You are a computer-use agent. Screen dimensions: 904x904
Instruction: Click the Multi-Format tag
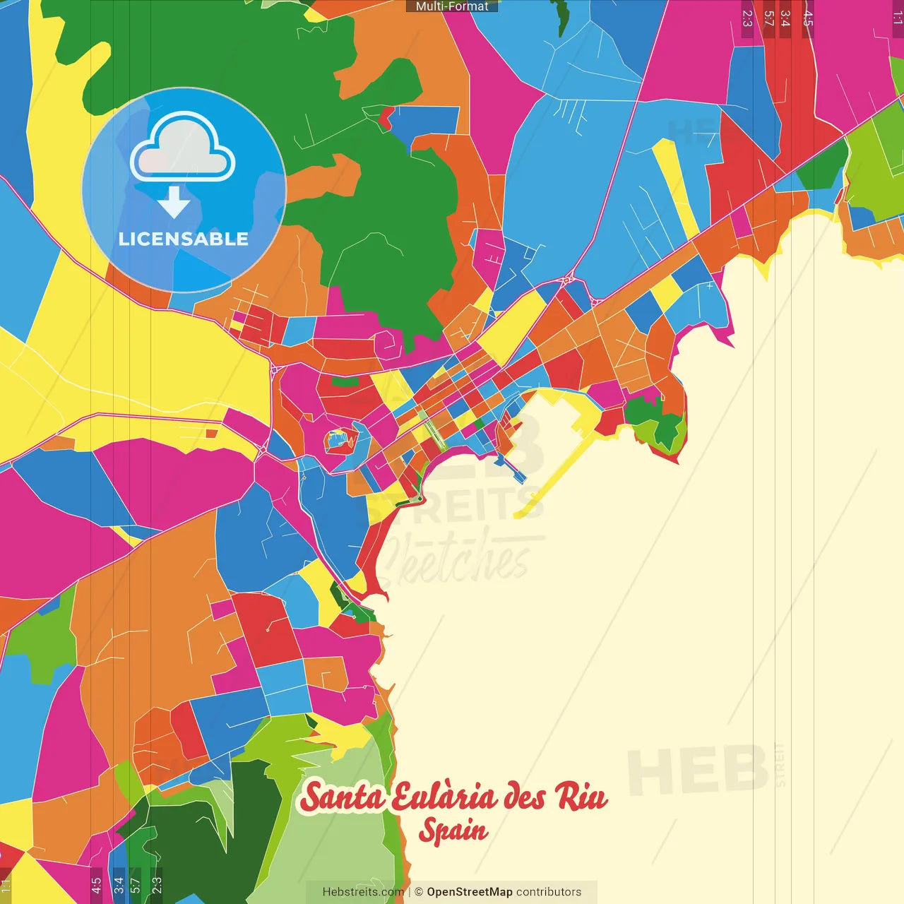click(x=452, y=6)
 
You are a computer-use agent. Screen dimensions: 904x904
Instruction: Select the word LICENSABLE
click(x=184, y=239)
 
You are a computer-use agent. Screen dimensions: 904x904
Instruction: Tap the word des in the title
click(x=524, y=797)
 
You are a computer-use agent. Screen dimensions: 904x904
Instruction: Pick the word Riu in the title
click(x=581, y=796)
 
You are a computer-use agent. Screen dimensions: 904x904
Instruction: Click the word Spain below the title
click(x=453, y=831)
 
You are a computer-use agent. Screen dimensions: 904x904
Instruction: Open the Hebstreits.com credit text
click(x=363, y=892)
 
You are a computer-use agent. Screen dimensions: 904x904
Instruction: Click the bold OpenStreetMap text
click(x=470, y=892)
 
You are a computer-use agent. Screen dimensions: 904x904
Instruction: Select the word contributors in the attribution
click(x=549, y=892)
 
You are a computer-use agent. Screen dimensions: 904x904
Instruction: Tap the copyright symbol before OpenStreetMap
click(x=419, y=892)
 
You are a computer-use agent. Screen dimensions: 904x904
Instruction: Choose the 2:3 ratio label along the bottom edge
click(x=156, y=886)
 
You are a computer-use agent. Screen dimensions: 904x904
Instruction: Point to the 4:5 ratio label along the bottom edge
click(x=96, y=886)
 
